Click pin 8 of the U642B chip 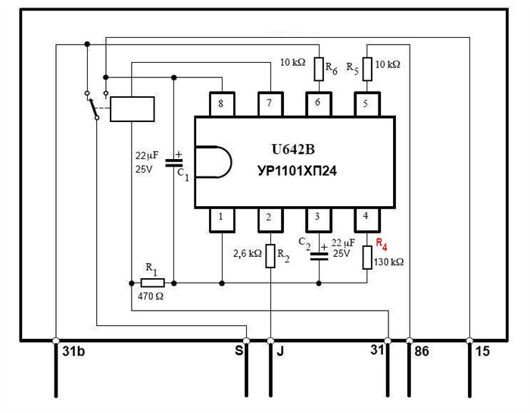pos(222,104)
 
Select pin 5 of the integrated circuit pos(366,104)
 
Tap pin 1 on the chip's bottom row pos(222,220)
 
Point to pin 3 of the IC pos(319,220)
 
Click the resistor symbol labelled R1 pos(152,283)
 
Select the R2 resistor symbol pos(270,256)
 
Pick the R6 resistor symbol pos(319,69)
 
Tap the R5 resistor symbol pos(367,69)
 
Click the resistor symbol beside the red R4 pos(367,258)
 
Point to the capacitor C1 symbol pos(173,163)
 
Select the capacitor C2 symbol pos(319,256)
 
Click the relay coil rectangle pos(132,109)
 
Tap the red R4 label pos(382,244)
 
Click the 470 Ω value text pos(151,296)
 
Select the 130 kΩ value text pos(388,262)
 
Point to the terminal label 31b pos(73,352)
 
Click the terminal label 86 pos(422,352)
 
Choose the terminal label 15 pos(482,352)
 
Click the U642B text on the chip pos(293,149)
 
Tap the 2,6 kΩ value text pos(248,253)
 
